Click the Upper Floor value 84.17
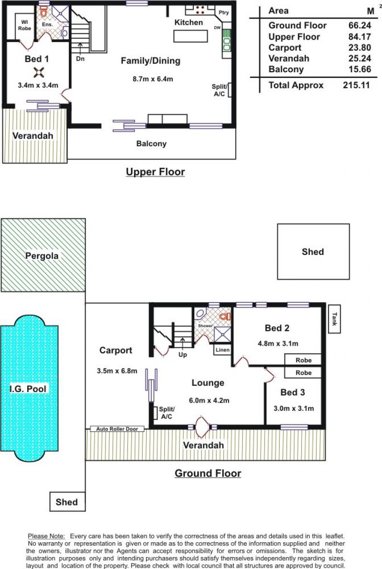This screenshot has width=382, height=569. (x=360, y=37)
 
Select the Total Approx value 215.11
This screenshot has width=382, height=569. (x=356, y=85)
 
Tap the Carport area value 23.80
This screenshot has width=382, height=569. (x=360, y=47)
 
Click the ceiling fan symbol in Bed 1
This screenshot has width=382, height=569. (x=38, y=73)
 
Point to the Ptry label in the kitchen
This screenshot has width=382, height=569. (x=223, y=13)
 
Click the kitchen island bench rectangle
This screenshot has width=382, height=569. (x=191, y=36)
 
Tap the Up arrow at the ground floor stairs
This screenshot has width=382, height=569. (x=182, y=343)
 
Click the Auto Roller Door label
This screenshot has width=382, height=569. (x=117, y=429)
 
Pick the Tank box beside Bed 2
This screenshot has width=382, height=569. (x=335, y=319)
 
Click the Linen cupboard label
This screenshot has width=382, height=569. (x=222, y=350)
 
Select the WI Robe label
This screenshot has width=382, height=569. (x=25, y=25)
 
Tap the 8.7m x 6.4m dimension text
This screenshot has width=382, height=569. (x=153, y=79)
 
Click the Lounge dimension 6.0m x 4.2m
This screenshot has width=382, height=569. (x=209, y=401)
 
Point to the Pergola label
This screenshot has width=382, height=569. (x=42, y=256)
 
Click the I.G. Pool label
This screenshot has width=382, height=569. (x=28, y=389)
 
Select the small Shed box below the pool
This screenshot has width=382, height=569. (x=67, y=502)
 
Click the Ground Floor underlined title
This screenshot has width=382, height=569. (x=208, y=473)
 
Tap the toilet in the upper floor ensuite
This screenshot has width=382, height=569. (x=43, y=12)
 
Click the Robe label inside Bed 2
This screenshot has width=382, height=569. (x=303, y=361)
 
